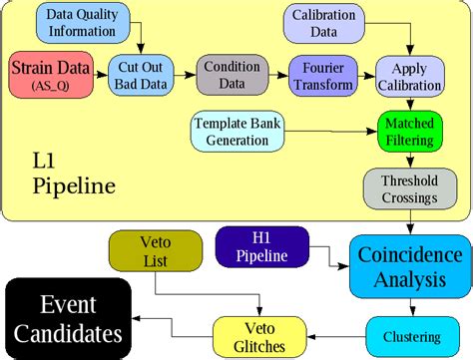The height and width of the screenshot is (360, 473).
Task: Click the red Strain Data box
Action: point(53,76)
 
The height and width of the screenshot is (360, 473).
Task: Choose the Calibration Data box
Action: point(323,23)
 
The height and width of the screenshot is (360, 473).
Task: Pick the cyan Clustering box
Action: point(408,332)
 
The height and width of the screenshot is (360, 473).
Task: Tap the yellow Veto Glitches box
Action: point(255,337)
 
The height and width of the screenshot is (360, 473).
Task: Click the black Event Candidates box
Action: point(68,317)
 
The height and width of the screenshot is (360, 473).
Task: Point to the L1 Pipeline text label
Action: point(74,172)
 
